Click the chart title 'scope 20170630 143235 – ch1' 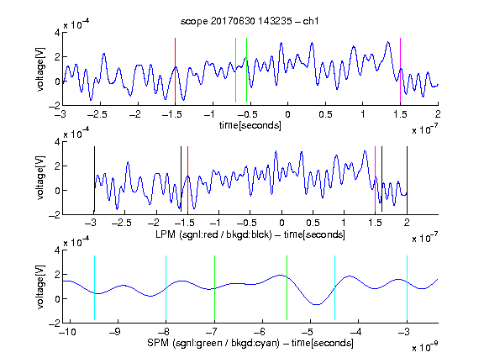[250, 21]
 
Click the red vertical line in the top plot [175, 71]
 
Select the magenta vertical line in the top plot [400, 71]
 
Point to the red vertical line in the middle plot [187, 180]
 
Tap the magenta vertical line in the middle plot [375, 180]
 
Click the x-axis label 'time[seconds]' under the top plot [250, 125]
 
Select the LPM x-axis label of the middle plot [250, 234]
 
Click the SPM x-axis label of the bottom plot [250, 343]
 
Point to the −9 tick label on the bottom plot [115, 332]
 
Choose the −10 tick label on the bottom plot [67, 332]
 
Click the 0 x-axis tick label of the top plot [287, 114]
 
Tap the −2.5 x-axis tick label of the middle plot [121, 223]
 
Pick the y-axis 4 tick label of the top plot [57, 33]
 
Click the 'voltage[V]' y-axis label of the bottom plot [40, 287]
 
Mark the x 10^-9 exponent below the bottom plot [425, 347]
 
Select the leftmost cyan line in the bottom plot [94, 287]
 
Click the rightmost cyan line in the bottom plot [407, 287]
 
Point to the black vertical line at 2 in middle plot [407, 180]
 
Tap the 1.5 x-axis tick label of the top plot [400, 114]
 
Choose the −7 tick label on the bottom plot [212, 332]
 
